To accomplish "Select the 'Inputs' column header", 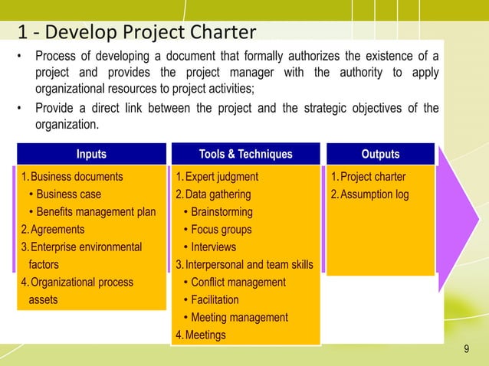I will tap(91, 154).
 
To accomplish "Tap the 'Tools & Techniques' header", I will tap(245, 154).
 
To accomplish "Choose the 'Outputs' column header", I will tap(379, 154).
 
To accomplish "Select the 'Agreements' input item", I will tap(53, 230).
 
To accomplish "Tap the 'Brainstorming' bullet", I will tap(222, 212).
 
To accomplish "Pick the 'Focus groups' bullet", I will tap(221, 230).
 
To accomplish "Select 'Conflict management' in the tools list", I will tap(238, 283).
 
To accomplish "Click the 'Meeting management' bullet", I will tap(239, 318).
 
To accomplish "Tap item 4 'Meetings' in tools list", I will tap(204, 335).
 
